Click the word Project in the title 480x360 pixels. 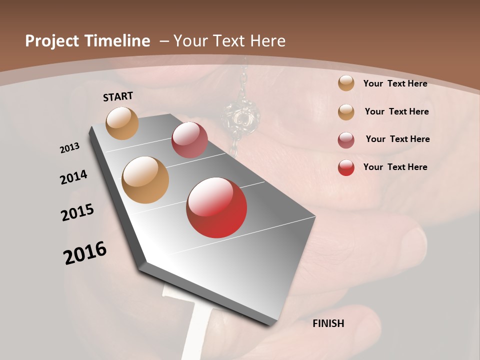(52, 41)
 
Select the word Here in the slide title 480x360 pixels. (268, 41)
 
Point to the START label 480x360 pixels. (118, 96)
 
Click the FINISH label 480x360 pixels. (328, 323)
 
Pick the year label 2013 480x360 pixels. (70, 148)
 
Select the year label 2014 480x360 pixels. (74, 177)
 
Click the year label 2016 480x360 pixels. (85, 253)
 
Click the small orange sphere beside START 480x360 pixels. (122, 123)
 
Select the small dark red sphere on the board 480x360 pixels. (189, 140)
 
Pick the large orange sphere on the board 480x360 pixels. (145, 180)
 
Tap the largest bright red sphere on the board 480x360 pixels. (216, 207)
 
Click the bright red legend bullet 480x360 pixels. (346, 167)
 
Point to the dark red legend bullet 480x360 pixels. (346, 140)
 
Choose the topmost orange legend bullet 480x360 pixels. (346, 83)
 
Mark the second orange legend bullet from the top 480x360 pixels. (346, 112)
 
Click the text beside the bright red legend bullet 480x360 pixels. (395, 167)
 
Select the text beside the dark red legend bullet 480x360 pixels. (397, 139)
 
